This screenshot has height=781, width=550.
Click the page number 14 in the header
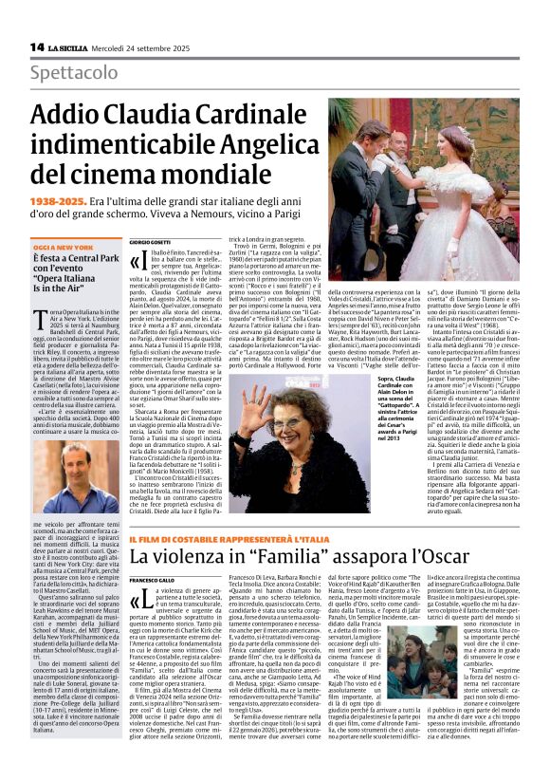[x=36, y=46]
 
